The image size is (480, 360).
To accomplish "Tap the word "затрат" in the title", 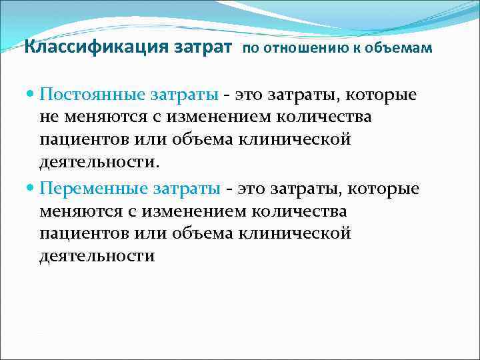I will pos(206,47).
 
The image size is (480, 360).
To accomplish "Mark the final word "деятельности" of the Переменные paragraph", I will pos(96,257).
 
